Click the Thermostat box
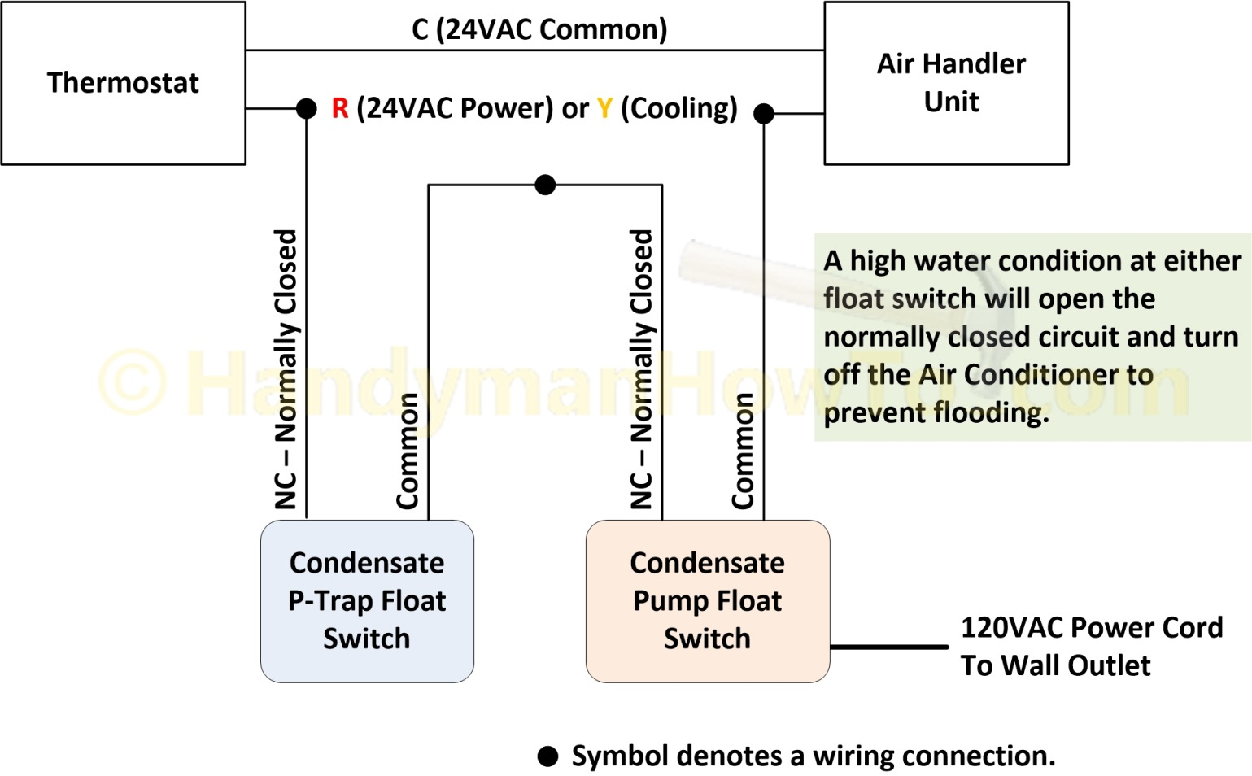pyautogui.click(x=124, y=83)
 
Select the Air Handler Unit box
pyautogui.click(x=946, y=83)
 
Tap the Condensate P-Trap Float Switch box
pyautogui.click(x=367, y=601)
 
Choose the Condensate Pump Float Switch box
pyautogui.click(x=708, y=601)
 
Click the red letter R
pyautogui.click(x=340, y=108)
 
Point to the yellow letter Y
pyautogui.click(x=604, y=108)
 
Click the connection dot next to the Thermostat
pyautogui.click(x=307, y=108)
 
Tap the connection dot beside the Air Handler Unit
pyautogui.click(x=764, y=113)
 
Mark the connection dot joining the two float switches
pyautogui.click(x=545, y=185)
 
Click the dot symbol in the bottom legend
pyautogui.click(x=547, y=756)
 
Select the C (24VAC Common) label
pyautogui.click(x=539, y=29)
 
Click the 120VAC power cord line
pyautogui.click(x=889, y=647)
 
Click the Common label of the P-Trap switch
pyautogui.click(x=407, y=451)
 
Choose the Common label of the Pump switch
pyautogui.click(x=743, y=451)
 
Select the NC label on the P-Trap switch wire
pyautogui.click(x=285, y=491)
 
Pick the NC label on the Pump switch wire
pyautogui.click(x=641, y=491)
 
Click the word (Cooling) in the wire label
pyautogui.click(x=679, y=109)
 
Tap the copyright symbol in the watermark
pyautogui.click(x=133, y=381)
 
